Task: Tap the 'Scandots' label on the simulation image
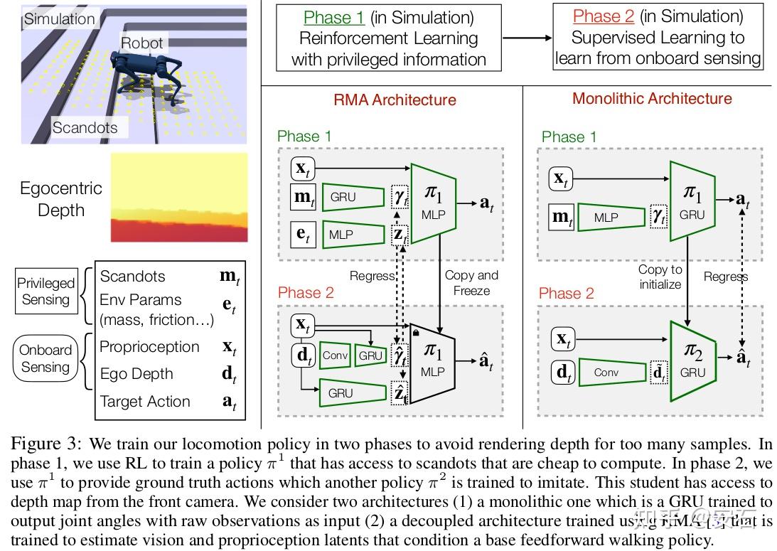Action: (85, 128)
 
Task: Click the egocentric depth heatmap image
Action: (179, 198)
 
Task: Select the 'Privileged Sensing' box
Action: (45, 291)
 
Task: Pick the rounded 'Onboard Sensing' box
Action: (45, 358)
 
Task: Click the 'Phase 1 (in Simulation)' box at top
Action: (389, 38)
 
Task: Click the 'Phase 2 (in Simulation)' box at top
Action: (658, 37)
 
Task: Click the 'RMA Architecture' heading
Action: (395, 100)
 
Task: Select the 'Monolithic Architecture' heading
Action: (652, 98)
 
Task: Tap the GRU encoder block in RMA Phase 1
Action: (348, 197)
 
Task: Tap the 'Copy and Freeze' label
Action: (471, 282)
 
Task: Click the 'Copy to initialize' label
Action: (660, 277)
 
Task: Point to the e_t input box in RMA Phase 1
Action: (303, 233)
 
